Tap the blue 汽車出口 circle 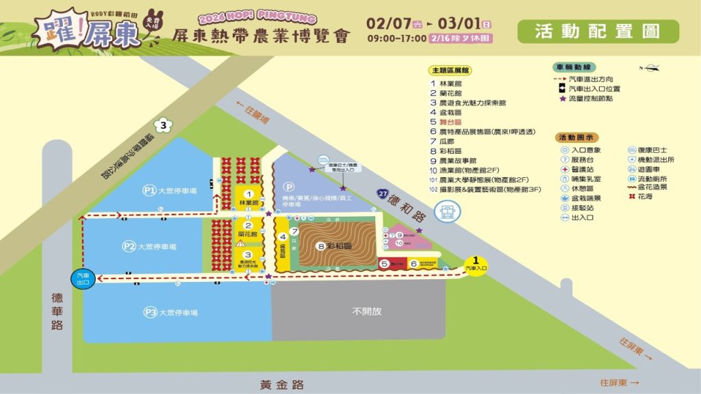(x=81, y=278)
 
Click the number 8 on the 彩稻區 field (x=320, y=246)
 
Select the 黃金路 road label (x=281, y=384)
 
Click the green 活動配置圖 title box (x=598, y=31)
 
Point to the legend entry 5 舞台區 (x=446, y=121)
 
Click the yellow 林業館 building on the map (x=248, y=198)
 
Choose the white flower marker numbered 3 (x=163, y=126)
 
